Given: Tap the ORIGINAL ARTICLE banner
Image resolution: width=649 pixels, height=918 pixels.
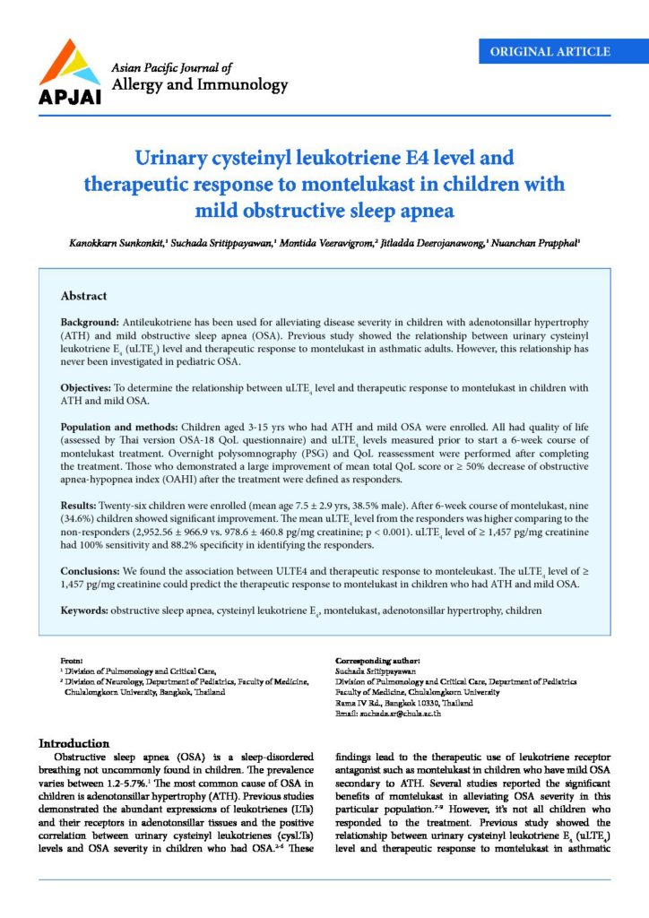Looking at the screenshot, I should (x=549, y=51).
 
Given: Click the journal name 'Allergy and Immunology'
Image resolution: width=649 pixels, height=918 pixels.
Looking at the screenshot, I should (x=198, y=86).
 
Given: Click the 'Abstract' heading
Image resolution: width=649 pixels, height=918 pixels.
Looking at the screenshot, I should (x=83, y=296).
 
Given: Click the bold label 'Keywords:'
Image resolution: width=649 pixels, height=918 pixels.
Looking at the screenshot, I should (x=84, y=611).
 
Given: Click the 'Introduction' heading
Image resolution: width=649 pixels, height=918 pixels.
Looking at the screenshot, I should (x=74, y=743).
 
